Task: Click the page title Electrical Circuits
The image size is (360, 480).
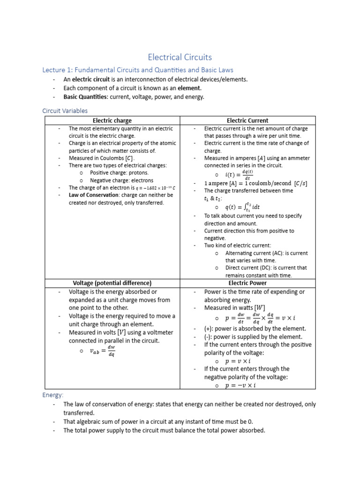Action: pos(180,57)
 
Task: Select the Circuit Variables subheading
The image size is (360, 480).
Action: pos(65,111)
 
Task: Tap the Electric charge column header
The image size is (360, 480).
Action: pos(112,120)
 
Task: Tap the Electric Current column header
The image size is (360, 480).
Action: pos(247,120)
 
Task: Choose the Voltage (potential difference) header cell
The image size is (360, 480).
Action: pos(112,283)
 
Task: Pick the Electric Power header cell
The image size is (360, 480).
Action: pos(247,283)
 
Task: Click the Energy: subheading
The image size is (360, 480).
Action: pos(53,395)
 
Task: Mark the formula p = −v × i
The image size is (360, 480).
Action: pos(240,385)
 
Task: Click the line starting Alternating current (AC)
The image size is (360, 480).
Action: pos(266,253)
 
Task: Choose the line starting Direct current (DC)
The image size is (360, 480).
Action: pos(266,268)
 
